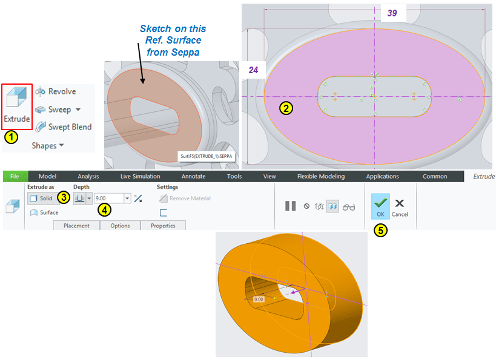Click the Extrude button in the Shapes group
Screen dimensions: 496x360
coord(17,106)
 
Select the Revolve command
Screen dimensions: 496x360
coord(56,91)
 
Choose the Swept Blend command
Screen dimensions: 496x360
coord(63,126)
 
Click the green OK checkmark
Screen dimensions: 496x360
coord(380,206)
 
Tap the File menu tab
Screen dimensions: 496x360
coord(15,176)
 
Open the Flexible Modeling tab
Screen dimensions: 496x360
coord(321,176)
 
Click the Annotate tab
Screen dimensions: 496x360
coord(193,176)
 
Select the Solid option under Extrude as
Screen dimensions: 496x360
coord(42,198)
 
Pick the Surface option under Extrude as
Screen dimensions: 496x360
coord(44,212)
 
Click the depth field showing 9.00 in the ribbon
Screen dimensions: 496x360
coord(109,198)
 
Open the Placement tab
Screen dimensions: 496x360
coord(76,226)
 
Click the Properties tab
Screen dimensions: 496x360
coord(163,226)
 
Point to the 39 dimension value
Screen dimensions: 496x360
coord(392,13)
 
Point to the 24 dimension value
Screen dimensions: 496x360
coord(253,70)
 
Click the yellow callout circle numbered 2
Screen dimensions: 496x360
coord(286,108)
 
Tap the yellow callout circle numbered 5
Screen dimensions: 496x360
coord(380,231)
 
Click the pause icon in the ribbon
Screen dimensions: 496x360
coord(290,206)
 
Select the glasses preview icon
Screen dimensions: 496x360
coord(349,207)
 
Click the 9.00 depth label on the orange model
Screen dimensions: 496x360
coord(259,299)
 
